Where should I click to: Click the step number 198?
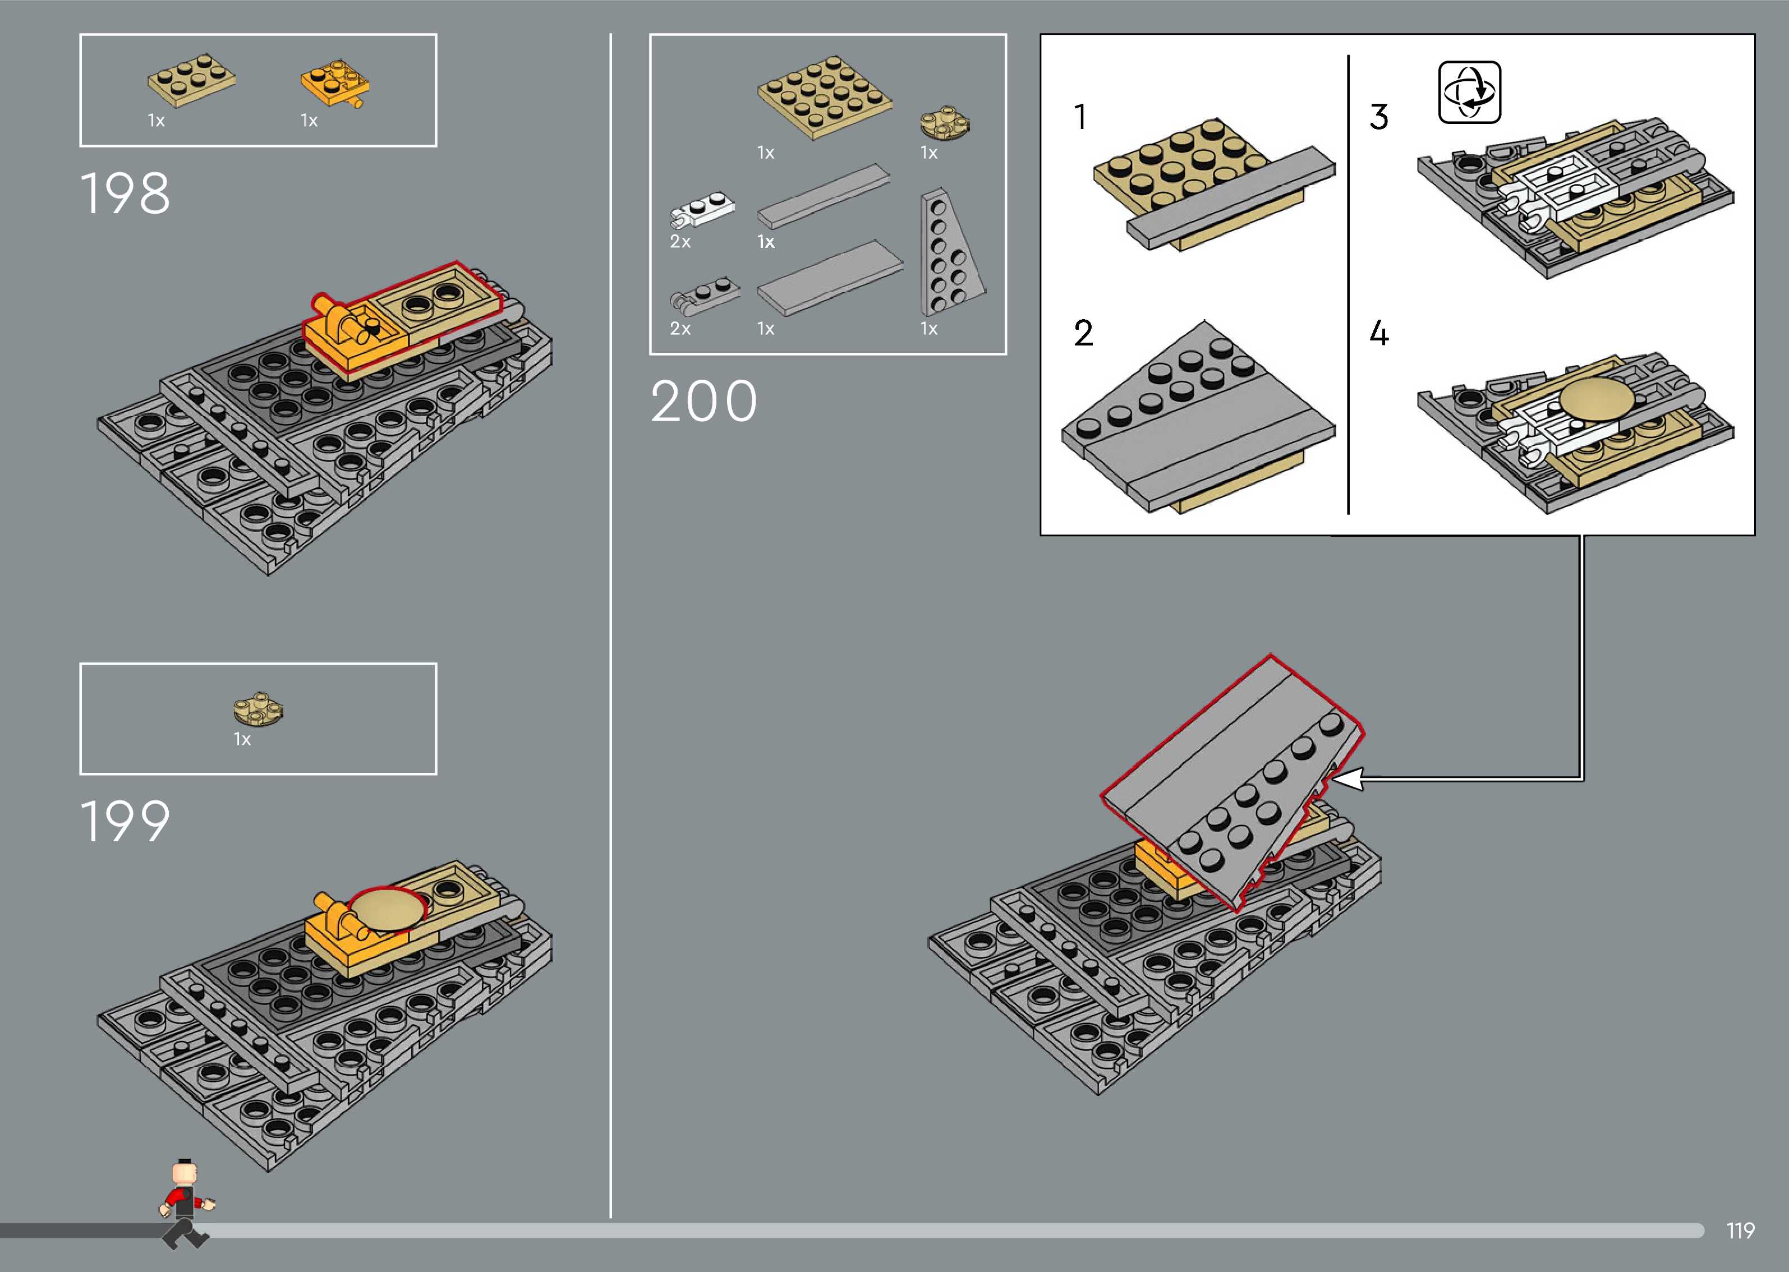pyautogui.click(x=125, y=193)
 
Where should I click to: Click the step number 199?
pyautogui.click(x=125, y=821)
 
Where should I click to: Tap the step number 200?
pyautogui.click(x=703, y=401)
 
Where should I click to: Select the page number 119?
pyautogui.click(x=1740, y=1230)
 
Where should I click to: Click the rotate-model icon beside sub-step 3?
pyautogui.click(x=1469, y=93)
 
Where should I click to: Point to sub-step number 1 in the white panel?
pyautogui.click(x=1080, y=117)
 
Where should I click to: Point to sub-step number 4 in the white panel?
pyautogui.click(x=1378, y=333)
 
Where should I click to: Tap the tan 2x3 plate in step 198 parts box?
pyautogui.click(x=191, y=79)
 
